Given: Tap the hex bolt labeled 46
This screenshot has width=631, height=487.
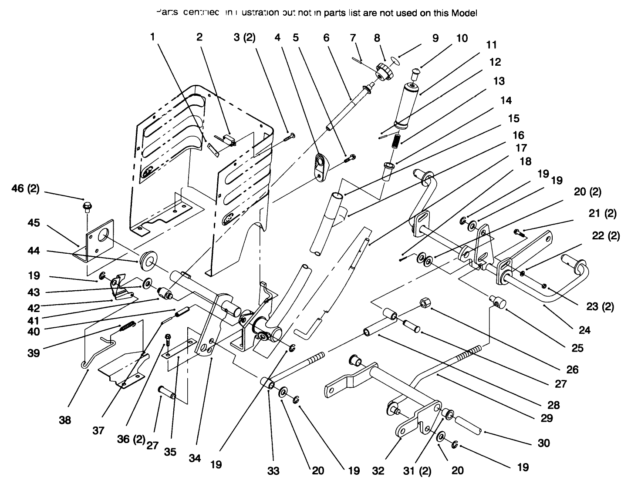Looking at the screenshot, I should [86, 205].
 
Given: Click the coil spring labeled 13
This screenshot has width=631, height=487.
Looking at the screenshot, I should [396, 141].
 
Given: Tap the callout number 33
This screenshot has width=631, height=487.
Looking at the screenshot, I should [273, 470].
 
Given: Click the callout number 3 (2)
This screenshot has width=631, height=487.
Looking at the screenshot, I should [244, 37].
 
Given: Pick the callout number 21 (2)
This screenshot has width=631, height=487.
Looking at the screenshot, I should [605, 214].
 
